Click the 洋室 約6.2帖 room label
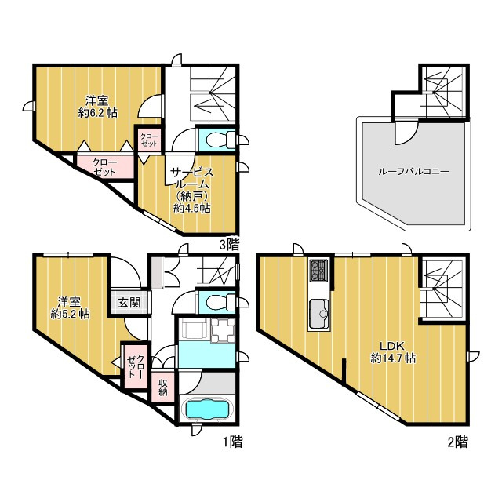[x=97, y=107]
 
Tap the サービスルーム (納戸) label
[x=191, y=185]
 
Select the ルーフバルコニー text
[x=413, y=171]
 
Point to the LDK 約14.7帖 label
[x=393, y=352]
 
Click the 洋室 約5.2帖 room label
[x=70, y=307]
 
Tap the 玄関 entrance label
[x=129, y=302]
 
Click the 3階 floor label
[x=229, y=245]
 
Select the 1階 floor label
[x=233, y=442]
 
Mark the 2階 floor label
[x=457, y=442]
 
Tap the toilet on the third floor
[x=220, y=140]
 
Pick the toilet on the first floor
[x=220, y=301]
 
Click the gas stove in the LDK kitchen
[x=318, y=269]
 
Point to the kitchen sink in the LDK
[x=318, y=315]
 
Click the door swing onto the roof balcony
[x=407, y=132]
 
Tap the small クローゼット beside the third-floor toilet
[x=149, y=140]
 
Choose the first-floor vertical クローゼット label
[x=136, y=366]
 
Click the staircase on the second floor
[x=442, y=288]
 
